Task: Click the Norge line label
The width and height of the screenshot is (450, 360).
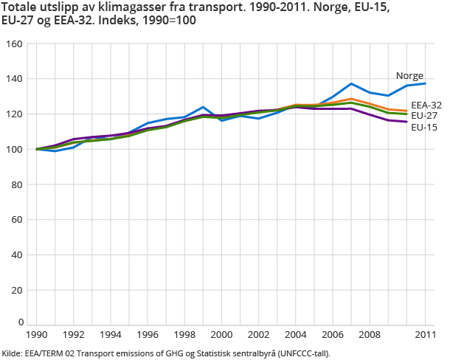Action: click(409, 76)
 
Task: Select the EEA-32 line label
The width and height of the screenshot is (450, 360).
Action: click(426, 105)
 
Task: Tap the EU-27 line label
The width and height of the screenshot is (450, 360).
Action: click(423, 116)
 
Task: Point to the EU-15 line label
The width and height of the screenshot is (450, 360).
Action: click(423, 127)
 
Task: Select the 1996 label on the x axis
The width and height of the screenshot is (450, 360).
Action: click(148, 336)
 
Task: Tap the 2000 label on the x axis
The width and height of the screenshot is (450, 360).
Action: click(221, 336)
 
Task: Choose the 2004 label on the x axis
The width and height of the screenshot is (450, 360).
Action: click(296, 336)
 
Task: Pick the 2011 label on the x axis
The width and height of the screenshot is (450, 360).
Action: click(425, 336)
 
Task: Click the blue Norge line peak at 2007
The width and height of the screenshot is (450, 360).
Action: click(351, 83)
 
